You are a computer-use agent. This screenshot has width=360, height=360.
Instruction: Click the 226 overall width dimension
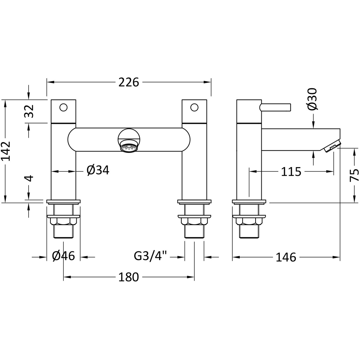(129, 82)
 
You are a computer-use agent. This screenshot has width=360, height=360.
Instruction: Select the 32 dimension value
(30, 111)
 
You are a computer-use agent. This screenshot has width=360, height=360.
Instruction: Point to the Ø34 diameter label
(98, 170)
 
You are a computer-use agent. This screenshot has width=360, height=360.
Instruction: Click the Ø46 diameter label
(63, 257)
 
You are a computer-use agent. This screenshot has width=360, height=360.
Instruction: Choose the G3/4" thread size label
(151, 257)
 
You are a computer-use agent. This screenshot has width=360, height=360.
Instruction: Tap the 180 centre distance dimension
(129, 277)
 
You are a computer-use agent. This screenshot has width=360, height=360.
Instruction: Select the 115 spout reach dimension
(291, 171)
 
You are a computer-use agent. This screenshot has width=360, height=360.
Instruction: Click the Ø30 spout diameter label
(312, 99)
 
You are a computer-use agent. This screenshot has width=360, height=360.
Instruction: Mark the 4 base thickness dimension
(30, 178)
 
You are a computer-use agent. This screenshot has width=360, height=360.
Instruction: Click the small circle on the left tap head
(64, 107)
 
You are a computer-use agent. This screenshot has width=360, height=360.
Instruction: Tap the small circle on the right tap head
(194, 107)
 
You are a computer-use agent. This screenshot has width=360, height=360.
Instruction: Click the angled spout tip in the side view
(331, 145)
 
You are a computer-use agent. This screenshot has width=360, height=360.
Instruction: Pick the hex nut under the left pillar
(64, 222)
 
